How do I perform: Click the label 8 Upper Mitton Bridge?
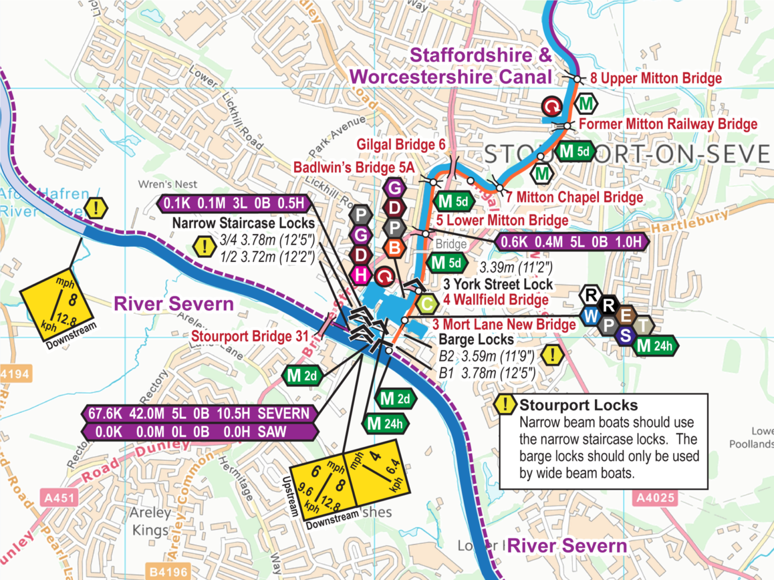[656, 79]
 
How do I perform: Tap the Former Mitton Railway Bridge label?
[668, 124]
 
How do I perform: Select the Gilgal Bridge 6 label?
[401, 145]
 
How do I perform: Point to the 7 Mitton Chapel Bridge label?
[574, 197]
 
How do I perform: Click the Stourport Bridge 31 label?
[249, 336]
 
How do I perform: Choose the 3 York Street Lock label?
[498, 284]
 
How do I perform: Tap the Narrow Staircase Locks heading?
[243, 223]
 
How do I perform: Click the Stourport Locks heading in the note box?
[578, 405]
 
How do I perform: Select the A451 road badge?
[59, 498]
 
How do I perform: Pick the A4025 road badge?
[655, 498]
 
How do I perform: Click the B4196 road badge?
[168, 572]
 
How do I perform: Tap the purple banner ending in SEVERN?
[199, 414]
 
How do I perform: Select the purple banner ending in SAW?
[199, 432]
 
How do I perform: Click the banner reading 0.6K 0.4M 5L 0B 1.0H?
[571, 242]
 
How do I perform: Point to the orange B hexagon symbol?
[395, 248]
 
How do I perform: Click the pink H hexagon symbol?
[360, 275]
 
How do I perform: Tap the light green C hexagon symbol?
[427, 304]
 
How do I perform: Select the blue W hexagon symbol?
[591, 316]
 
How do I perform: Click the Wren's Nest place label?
[168, 184]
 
